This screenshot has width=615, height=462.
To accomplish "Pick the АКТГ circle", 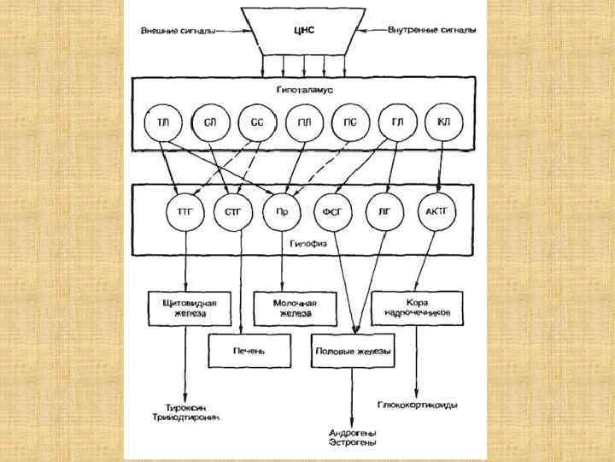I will pos(435,212).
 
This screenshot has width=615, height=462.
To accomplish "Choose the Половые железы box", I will pos(352,351).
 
